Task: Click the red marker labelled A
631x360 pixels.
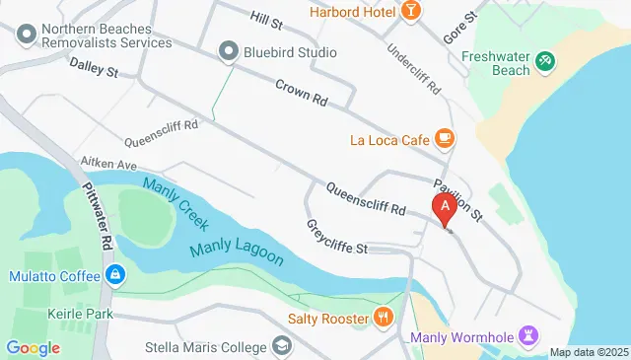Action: [445, 208]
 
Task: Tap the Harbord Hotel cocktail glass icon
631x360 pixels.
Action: [410, 12]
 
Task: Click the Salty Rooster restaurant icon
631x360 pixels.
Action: [383, 318]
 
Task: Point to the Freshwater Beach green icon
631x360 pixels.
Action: [544, 62]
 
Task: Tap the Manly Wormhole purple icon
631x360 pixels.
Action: [529, 337]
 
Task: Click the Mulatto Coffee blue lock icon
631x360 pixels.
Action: [115, 273]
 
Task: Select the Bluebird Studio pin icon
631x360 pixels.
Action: [230, 51]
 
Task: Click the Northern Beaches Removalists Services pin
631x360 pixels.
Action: [24, 36]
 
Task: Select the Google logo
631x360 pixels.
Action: [33, 347]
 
